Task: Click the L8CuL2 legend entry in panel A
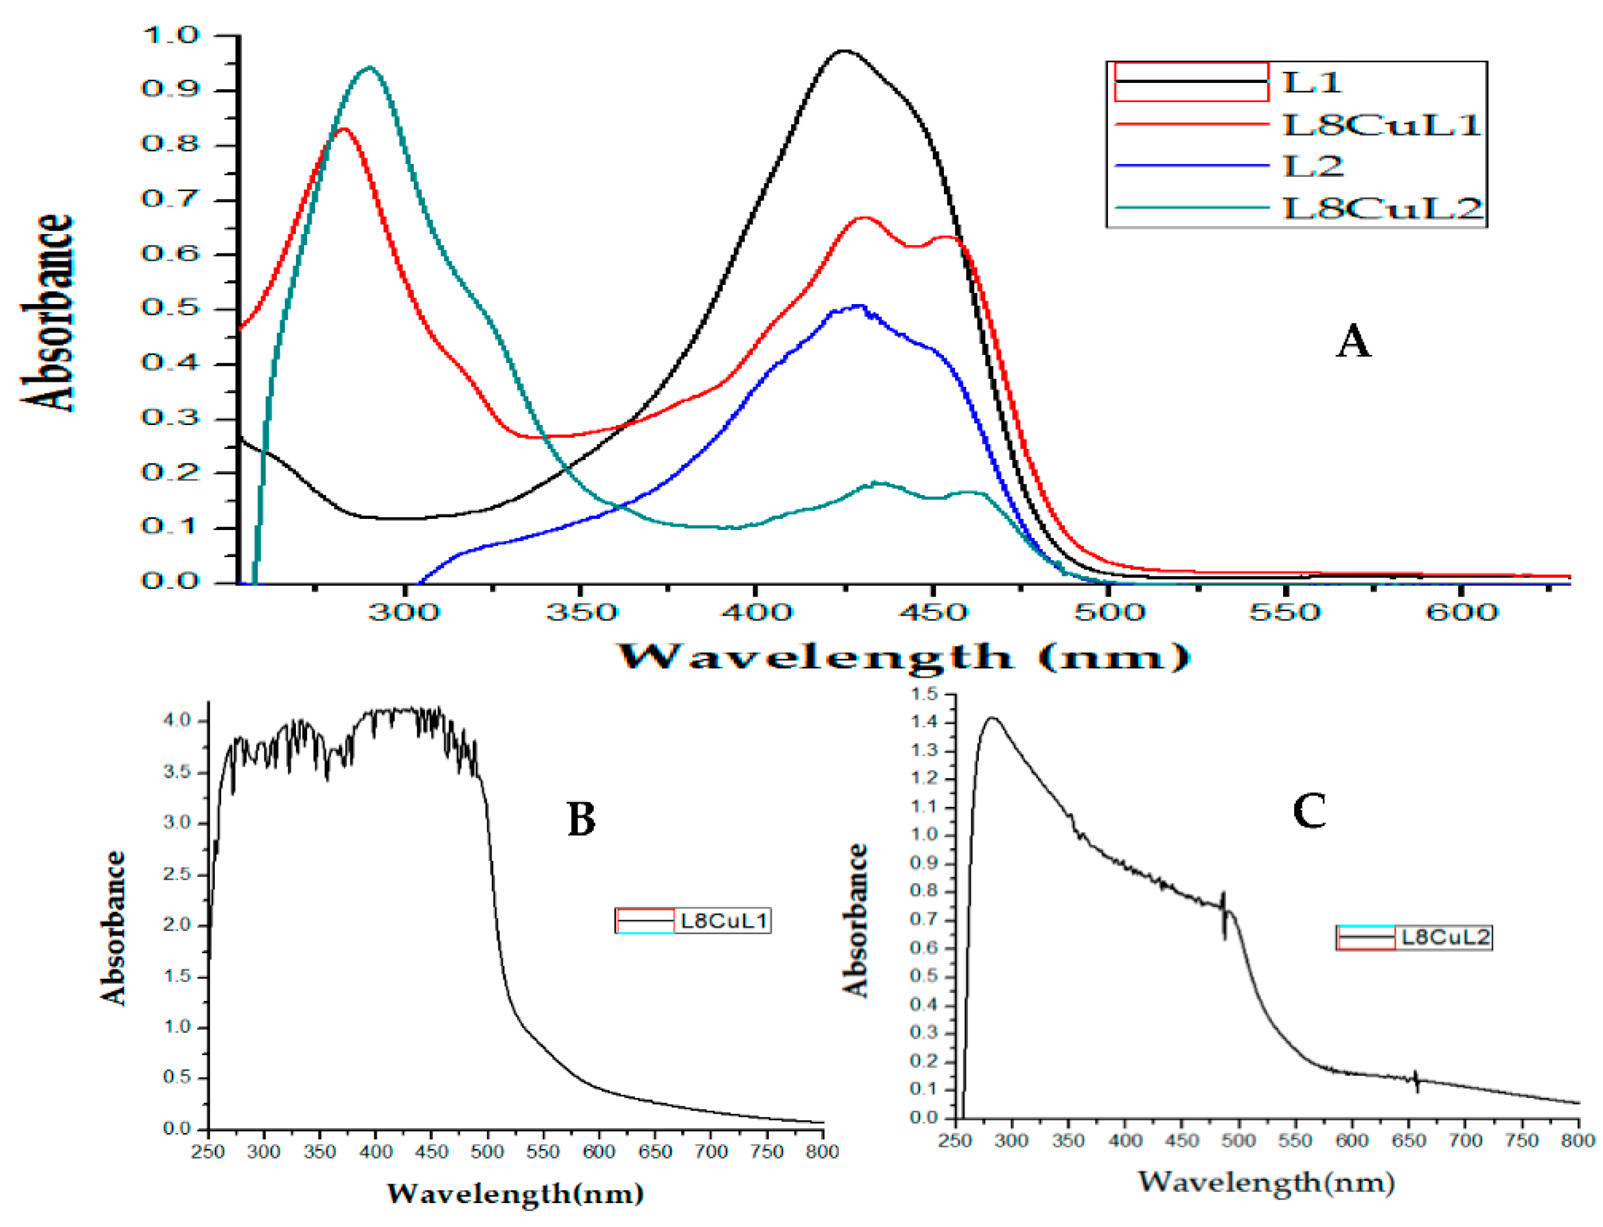(x=1382, y=208)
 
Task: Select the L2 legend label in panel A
(x=1312, y=166)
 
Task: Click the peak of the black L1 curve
(x=843, y=51)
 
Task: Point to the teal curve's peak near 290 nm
(x=370, y=68)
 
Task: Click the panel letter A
(x=1353, y=341)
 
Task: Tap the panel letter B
(x=581, y=819)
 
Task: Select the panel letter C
(x=1309, y=811)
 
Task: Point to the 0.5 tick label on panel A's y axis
(x=170, y=308)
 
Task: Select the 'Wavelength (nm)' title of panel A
(x=904, y=657)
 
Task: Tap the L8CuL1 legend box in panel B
(x=692, y=920)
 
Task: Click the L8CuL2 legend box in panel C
(x=1413, y=937)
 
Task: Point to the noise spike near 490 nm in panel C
(x=1224, y=914)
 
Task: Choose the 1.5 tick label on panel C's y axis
(x=924, y=695)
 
